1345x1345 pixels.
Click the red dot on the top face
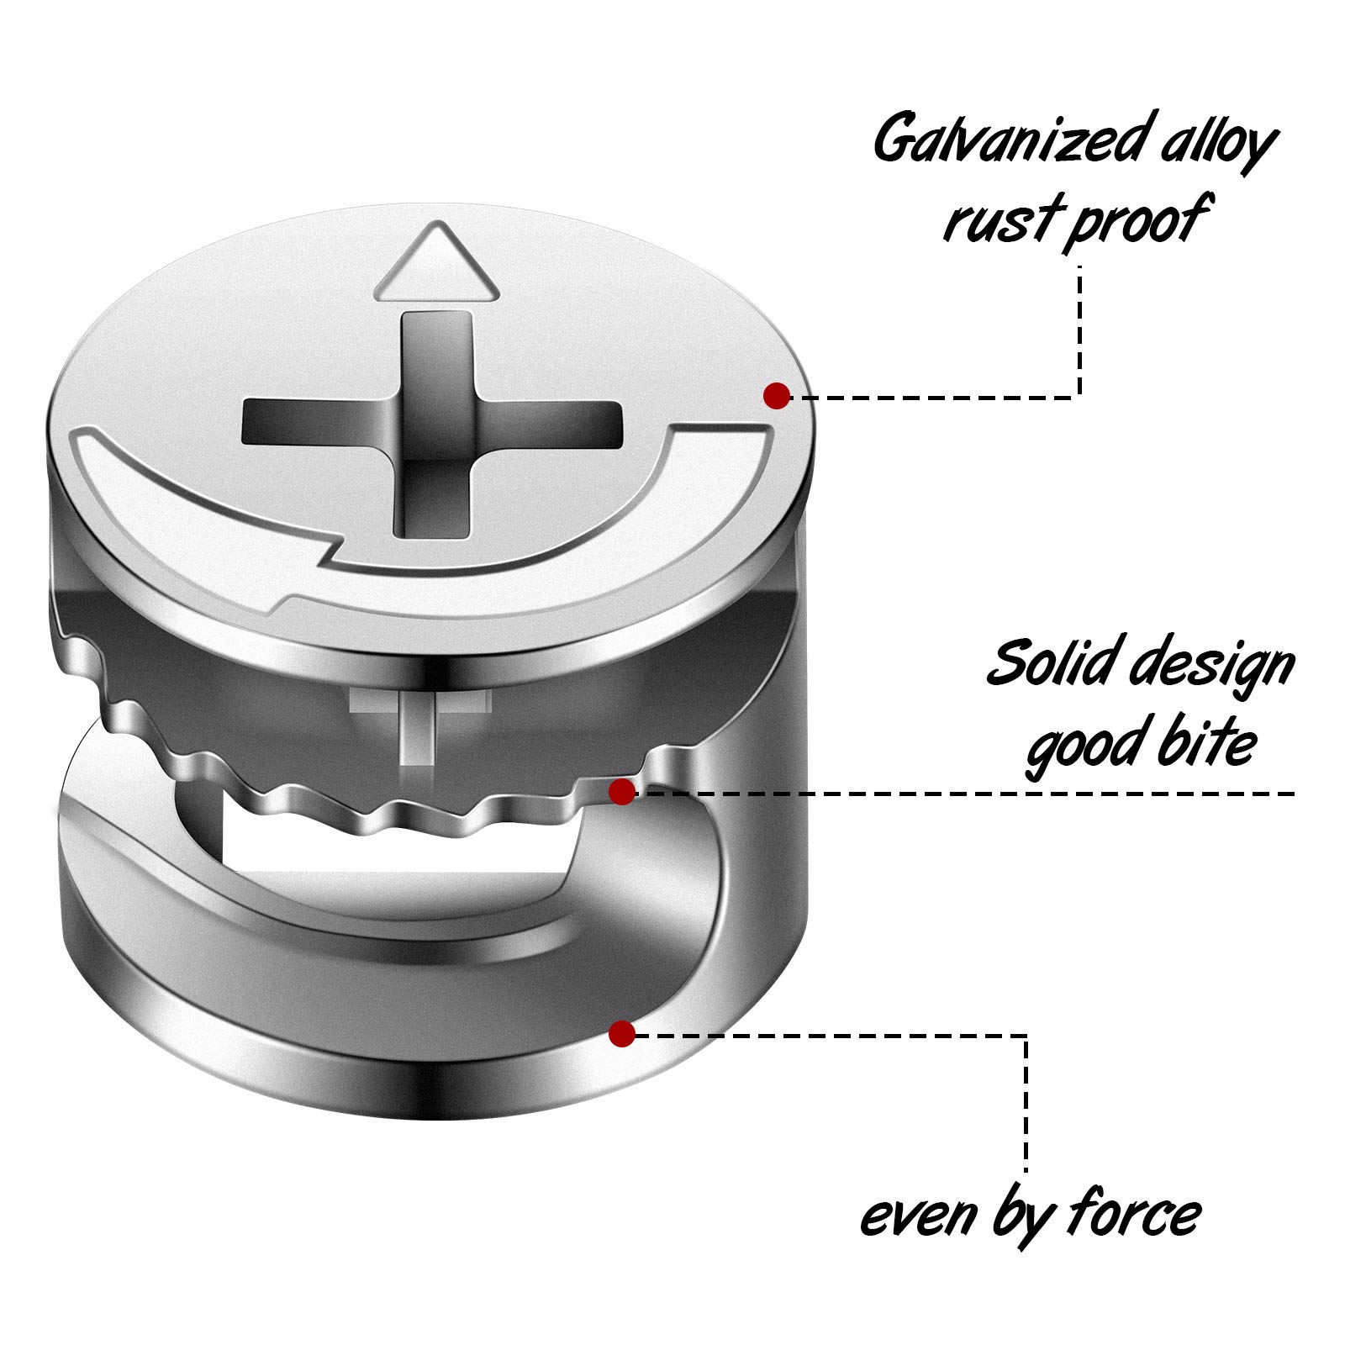click(x=776, y=395)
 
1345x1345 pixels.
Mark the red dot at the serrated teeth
click(x=621, y=791)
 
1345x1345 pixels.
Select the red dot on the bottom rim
click(x=622, y=1033)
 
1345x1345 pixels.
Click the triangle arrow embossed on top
click(x=436, y=265)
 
